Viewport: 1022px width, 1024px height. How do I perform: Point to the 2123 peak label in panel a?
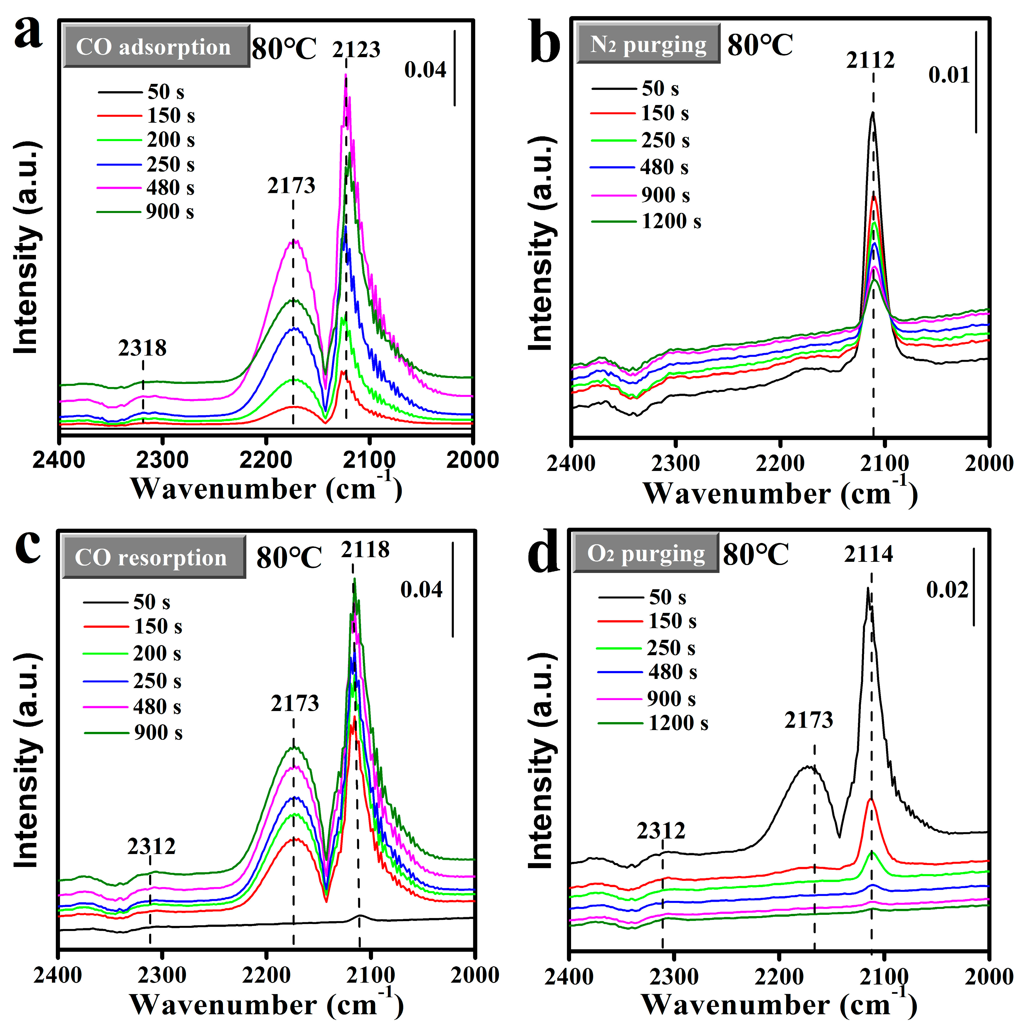click(x=356, y=49)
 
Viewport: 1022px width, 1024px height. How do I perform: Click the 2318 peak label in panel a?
click(x=142, y=348)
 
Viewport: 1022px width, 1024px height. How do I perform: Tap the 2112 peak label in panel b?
click(x=870, y=61)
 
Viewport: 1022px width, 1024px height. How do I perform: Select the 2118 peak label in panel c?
click(x=365, y=550)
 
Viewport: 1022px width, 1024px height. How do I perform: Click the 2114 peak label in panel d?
click(x=868, y=554)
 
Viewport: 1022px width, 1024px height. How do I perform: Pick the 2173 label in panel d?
click(x=809, y=720)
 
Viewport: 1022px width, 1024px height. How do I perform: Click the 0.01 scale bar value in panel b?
click(x=948, y=75)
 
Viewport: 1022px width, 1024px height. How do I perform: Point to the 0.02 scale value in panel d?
click(x=947, y=590)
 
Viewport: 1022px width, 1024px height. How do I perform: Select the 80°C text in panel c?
click(x=289, y=557)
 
